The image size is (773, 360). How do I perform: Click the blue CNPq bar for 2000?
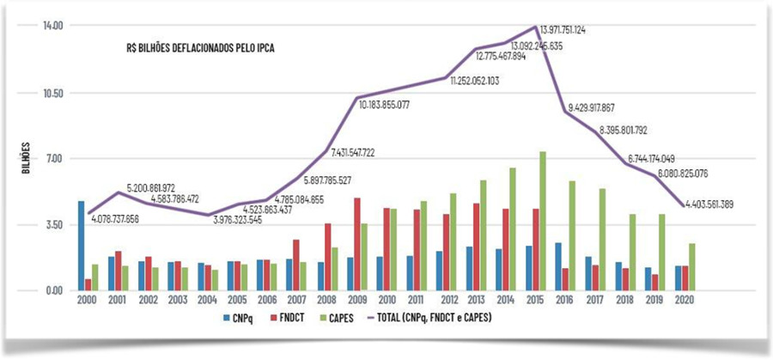pyautogui.click(x=82, y=246)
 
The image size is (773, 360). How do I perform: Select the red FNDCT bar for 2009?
pyautogui.click(x=356, y=244)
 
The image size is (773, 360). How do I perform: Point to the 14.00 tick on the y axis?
pyautogui.click(x=54, y=26)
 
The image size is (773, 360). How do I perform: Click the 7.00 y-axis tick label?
pyautogui.click(x=56, y=158)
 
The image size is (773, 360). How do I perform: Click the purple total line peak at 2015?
pyautogui.click(x=537, y=27)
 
